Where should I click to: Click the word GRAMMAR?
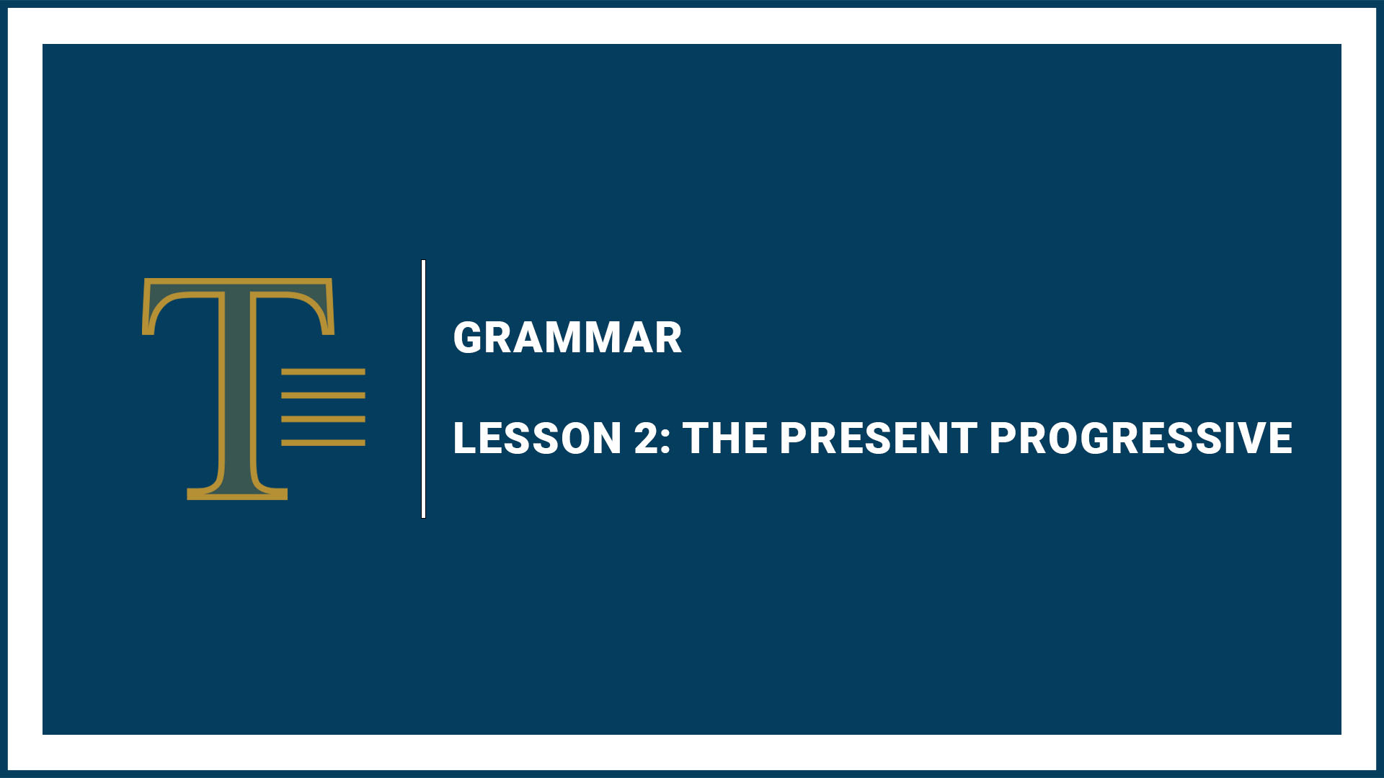click(567, 338)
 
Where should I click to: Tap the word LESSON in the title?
click(537, 438)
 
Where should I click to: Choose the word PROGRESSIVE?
click(1141, 438)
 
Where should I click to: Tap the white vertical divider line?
click(423, 389)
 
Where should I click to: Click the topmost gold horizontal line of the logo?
click(323, 372)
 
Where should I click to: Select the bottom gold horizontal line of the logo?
click(323, 442)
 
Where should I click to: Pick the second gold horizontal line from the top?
click(323, 395)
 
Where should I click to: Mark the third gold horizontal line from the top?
click(323, 419)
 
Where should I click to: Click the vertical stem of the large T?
click(237, 389)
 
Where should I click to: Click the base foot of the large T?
click(237, 493)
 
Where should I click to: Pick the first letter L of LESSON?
click(465, 438)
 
